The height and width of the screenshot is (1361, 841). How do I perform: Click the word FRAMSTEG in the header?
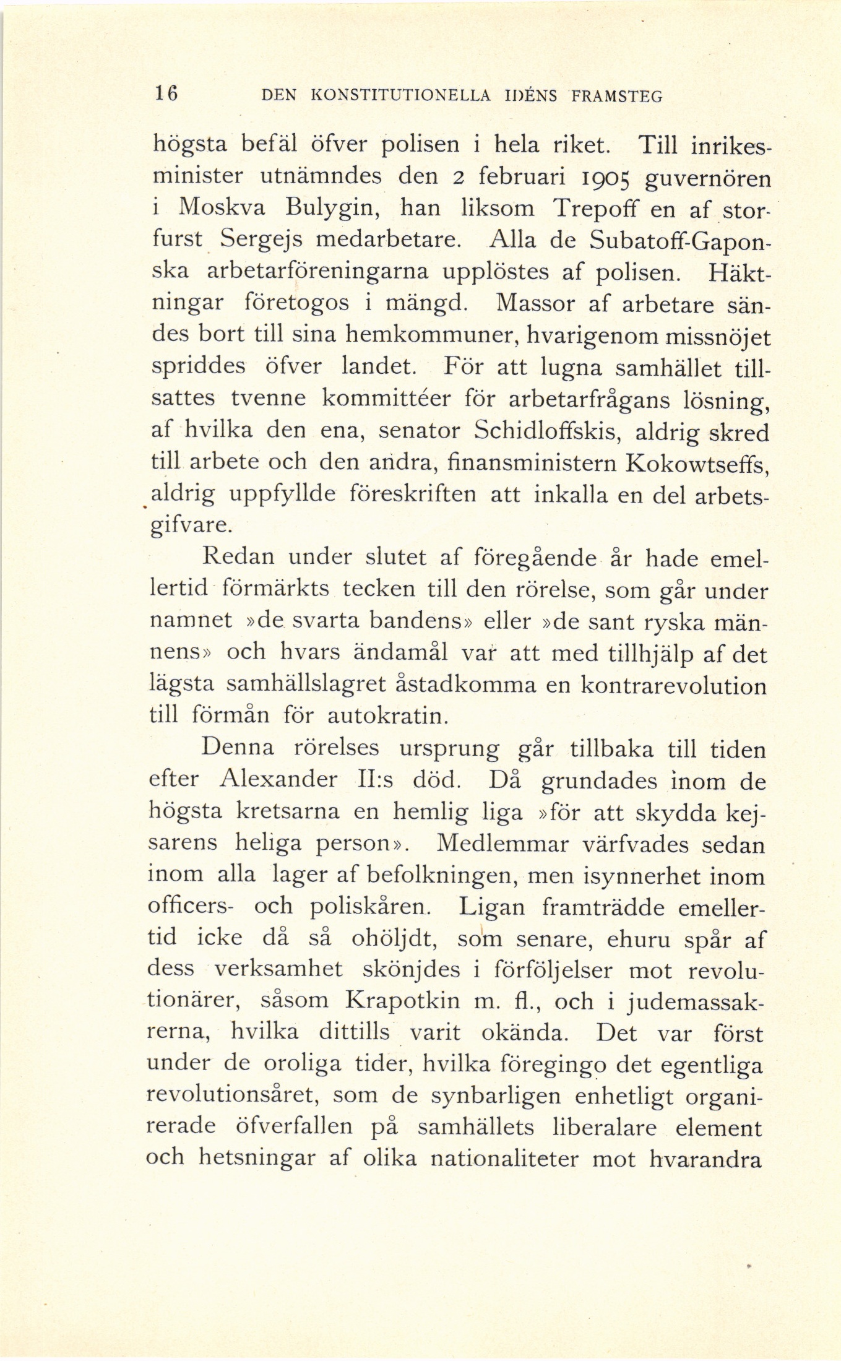(x=618, y=96)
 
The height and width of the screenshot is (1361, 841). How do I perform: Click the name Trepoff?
(x=593, y=210)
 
